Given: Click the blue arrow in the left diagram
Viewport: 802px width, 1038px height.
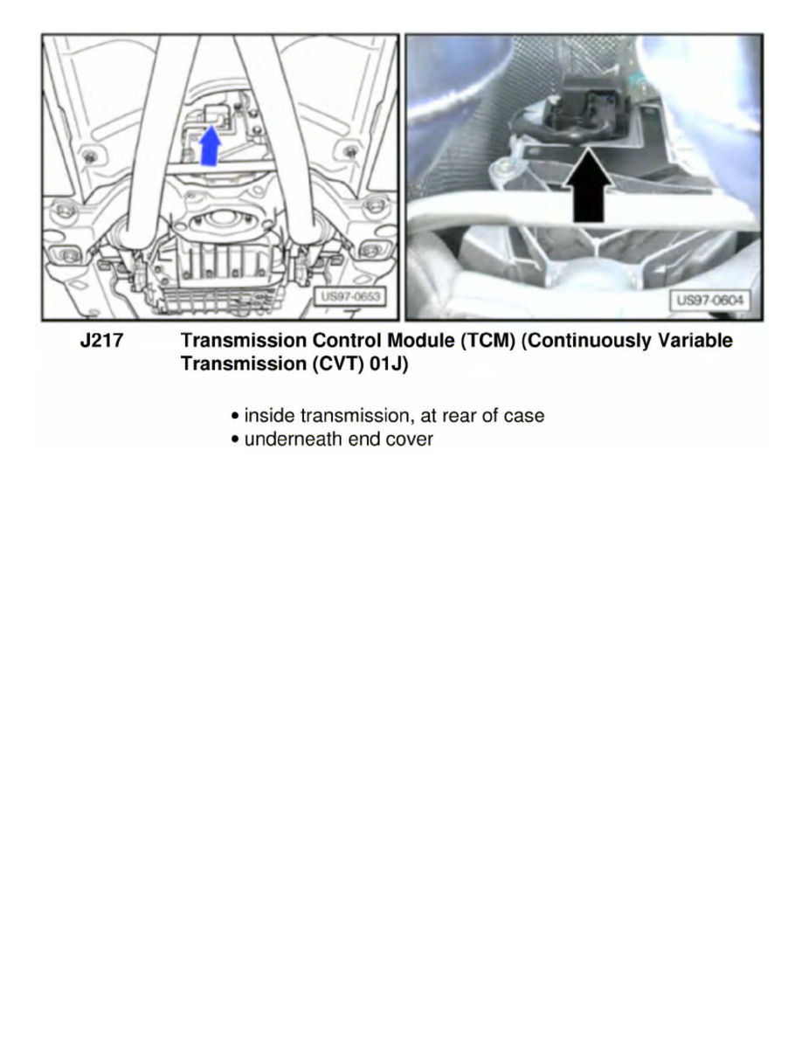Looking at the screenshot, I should click(211, 146).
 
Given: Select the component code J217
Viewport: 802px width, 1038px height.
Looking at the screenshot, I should click(101, 342).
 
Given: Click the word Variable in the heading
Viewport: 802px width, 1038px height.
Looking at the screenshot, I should click(695, 342).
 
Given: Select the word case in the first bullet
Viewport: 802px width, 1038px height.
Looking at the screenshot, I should click(524, 416).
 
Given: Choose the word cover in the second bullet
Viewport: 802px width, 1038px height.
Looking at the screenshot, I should click(409, 439).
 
